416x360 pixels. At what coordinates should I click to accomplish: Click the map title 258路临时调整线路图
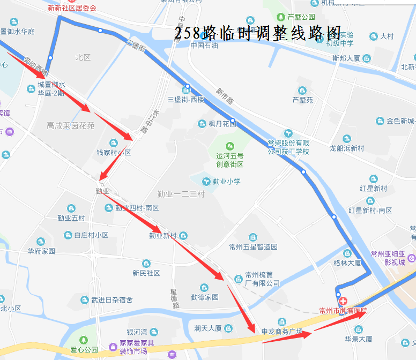(x=257, y=34)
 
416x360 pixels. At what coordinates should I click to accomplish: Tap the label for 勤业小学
(x=226, y=181)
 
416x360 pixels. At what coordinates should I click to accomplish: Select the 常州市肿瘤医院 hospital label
(x=343, y=310)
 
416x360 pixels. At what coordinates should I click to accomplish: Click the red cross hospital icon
(x=341, y=302)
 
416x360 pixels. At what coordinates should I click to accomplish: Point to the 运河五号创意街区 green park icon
(x=230, y=146)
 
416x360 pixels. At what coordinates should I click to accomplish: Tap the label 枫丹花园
(x=222, y=124)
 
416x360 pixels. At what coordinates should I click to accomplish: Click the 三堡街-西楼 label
(x=186, y=100)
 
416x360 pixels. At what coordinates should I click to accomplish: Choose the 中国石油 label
(x=204, y=46)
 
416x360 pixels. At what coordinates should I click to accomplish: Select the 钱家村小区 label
(x=114, y=152)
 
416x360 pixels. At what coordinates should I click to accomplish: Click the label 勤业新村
(x=162, y=235)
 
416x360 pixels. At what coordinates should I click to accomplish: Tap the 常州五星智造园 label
(x=253, y=247)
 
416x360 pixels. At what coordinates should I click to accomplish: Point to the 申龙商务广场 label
(x=281, y=331)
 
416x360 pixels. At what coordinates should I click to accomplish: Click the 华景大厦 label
(x=358, y=339)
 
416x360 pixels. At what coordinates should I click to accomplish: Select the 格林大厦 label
(x=347, y=263)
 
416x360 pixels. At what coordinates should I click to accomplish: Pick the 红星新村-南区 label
(x=370, y=211)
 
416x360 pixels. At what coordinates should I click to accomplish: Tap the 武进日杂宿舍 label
(x=112, y=300)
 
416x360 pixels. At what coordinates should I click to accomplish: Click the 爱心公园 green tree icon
(x=83, y=340)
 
